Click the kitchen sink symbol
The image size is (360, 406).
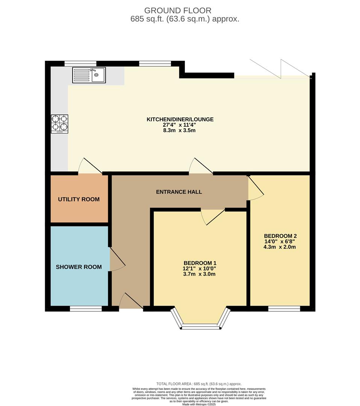coord(89,75)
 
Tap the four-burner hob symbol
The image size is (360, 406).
coord(60,124)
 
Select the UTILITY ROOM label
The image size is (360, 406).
coord(79,199)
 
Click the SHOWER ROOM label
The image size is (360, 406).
coord(79,267)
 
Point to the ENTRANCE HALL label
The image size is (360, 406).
coord(179,192)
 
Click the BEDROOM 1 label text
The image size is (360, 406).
coord(200,263)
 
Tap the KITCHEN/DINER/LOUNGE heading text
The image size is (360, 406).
coord(180,119)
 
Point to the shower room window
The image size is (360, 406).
coord(86,309)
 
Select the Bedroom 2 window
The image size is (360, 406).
coord(284,309)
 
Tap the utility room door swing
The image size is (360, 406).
coord(89,167)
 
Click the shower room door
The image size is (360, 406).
coord(116,259)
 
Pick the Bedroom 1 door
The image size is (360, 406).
coord(213,217)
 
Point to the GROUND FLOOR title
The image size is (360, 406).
coord(178,11)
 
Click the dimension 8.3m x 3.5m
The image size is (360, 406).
coord(180,130)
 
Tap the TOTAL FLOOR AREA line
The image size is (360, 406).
coord(199,383)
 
